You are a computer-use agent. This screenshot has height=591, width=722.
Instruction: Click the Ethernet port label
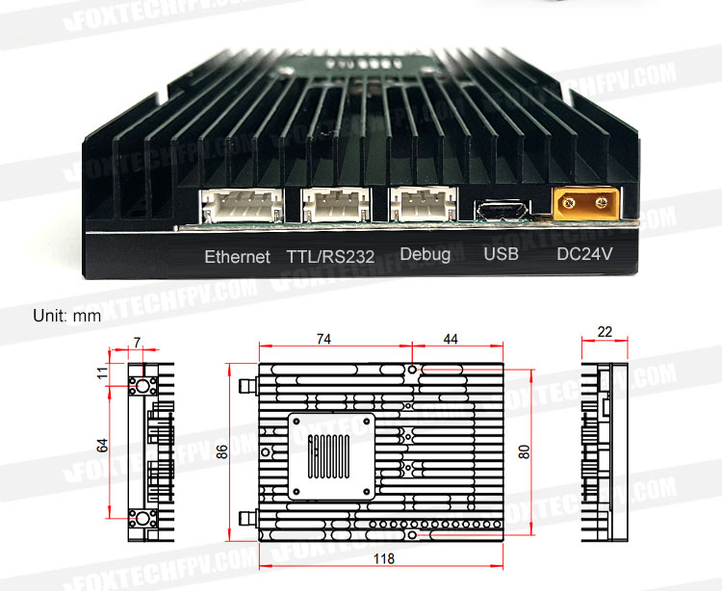coord(237,257)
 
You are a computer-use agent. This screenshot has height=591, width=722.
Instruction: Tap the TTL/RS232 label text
coord(330,257)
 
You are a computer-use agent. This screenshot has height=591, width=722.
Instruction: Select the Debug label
coord(425,254)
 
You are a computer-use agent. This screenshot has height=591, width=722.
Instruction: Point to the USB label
coord(501,253)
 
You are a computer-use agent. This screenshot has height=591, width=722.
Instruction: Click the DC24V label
coord(584,253)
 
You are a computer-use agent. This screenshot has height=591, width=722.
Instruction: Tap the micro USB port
coord(502,211)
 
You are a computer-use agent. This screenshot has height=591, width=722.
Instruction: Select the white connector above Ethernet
coord(242,205)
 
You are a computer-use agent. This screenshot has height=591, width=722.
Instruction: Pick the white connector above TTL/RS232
coord(335,204)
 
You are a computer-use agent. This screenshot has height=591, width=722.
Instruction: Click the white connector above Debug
coord(424,204)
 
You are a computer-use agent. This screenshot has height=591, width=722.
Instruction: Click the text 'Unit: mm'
coord(66,316)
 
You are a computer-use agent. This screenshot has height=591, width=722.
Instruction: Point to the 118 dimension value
coord(383,559)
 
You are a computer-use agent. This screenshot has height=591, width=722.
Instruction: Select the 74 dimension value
coord(323,339)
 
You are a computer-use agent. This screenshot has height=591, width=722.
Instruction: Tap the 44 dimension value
coord(451,339)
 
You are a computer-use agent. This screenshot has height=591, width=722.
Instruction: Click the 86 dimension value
coord(222,452)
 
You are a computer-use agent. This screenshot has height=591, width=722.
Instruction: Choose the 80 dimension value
coord(524,452)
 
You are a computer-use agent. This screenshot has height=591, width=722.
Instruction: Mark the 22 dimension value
coord(605,332)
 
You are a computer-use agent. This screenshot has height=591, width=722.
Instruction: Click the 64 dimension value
coord(102,446)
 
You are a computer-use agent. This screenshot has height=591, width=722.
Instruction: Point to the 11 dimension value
coord(102,373)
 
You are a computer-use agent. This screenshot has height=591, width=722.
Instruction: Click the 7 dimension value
coord(137,343)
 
